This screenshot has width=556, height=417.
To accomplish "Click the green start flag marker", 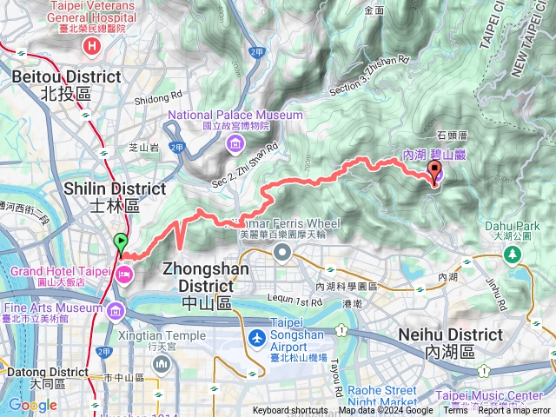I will (120, 243).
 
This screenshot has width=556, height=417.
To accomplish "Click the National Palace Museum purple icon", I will (235, 144).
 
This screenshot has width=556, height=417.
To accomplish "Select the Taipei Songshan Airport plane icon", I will (257, 337).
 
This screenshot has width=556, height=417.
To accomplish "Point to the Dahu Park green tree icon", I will (513, 253).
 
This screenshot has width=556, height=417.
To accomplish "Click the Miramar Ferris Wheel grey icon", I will (282, 251).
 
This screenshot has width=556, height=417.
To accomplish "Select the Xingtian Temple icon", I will (162, 361).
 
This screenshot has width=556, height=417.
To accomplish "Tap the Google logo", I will (32, 405).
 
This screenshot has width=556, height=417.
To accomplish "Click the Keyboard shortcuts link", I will (290, 411).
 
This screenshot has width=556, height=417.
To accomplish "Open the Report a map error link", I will (515, 411).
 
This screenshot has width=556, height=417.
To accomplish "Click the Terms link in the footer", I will (455, 411).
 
